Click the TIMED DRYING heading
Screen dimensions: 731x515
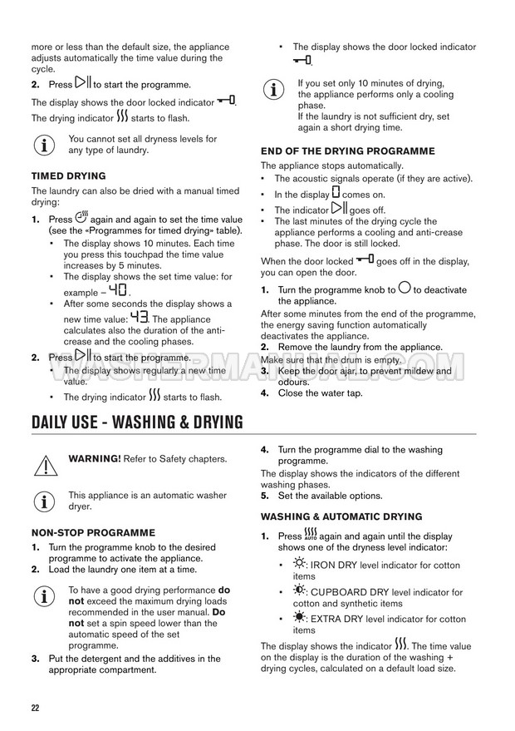pyautogui.click(x=68, y=176)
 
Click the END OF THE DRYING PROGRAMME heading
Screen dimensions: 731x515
pyautogui.click(x=347, y=151)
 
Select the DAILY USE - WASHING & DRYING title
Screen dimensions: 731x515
pyautogui.click(x=137, y=422)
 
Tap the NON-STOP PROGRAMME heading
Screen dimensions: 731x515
pyautogui.click(x=93, y=532)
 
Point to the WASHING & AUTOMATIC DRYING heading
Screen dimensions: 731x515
pyautogui.click(x=341, y=516)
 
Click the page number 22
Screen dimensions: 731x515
pyautogui.click(x=36, y=708)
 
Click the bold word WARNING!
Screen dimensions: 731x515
pyautogui.click(x=94, y=458)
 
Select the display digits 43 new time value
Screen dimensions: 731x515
pyautogui.click(x=138, y=318)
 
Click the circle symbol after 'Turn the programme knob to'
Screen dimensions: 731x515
pyautogui.click(x=405, y=289)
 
